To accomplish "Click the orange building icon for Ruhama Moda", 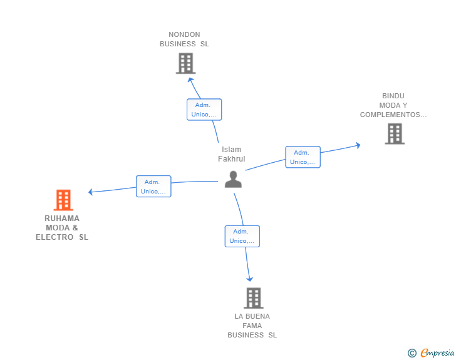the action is [x=63, y=200].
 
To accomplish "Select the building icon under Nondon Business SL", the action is [x=185, y=63].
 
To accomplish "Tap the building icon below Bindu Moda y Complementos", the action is [x=395, y=134].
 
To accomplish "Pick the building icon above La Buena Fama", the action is [x=254, y=298].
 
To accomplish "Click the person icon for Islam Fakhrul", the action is [x=233, y=180].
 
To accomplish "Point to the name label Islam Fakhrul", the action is [x=232, y=154].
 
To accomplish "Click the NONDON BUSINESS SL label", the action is [x=184, y=39].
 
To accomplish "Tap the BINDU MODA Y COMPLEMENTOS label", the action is [x=393, y=105].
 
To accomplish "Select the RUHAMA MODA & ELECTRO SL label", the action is [x=62, y=228].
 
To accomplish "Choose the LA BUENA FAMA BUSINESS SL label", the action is [x=252, y=326].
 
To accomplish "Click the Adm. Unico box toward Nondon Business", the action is [x=204, y=110].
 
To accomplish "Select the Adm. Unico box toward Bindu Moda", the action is [x=303, y=157].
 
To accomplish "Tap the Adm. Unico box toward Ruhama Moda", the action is [x=153, y=187].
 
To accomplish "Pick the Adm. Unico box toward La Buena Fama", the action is [x=242, y=237].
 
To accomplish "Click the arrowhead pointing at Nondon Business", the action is [x=190, y=80].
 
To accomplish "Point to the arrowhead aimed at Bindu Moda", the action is [x=358, y=145].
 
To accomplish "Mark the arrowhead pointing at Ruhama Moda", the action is [x=91, y=192].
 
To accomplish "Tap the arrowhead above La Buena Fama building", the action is [x=249, y=279].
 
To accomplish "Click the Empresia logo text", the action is [x=437, y=353].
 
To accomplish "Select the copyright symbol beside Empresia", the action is [x=412, y=353].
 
